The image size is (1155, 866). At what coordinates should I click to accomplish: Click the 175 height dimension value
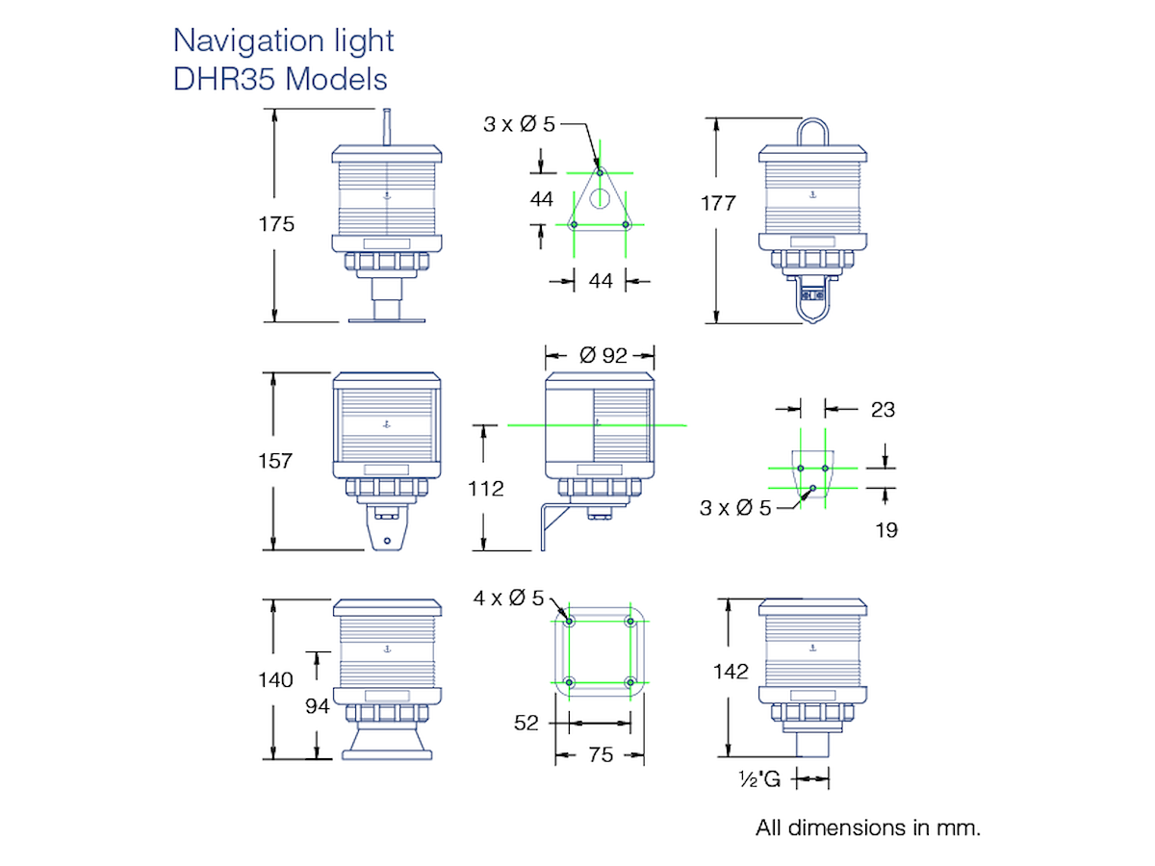[276, 224]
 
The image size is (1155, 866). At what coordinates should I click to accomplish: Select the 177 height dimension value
[718, 203]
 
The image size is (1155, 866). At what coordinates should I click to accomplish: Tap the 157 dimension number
[275, 461]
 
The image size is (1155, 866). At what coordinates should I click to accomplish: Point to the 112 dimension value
[486, 489]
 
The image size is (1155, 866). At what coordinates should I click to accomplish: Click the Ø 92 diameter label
[603, 355]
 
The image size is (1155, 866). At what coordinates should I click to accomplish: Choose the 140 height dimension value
[275, 680]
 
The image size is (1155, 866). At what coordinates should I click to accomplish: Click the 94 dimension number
[318, 706]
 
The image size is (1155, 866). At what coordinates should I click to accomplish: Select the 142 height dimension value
[731, 672]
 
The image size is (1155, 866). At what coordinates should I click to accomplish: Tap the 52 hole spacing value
[526, 723]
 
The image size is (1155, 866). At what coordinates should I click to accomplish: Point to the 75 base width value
[601, 755]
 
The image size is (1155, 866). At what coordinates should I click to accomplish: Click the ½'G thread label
[759, 778]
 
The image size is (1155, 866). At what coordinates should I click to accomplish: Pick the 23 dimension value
[883, 410]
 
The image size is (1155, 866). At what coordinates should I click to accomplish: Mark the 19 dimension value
[886, 530]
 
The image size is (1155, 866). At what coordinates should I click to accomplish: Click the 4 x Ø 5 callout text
[508, 598]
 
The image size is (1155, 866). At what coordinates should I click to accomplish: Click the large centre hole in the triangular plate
[600, 199]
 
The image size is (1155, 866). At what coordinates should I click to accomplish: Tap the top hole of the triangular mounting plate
[600, 172]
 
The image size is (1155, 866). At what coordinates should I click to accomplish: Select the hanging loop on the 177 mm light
[812, 132]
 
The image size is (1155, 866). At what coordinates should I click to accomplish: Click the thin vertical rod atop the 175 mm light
[386, 127]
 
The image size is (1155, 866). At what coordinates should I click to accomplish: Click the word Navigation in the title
[248, 41]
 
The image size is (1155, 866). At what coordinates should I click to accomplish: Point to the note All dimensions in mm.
[868, 828]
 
